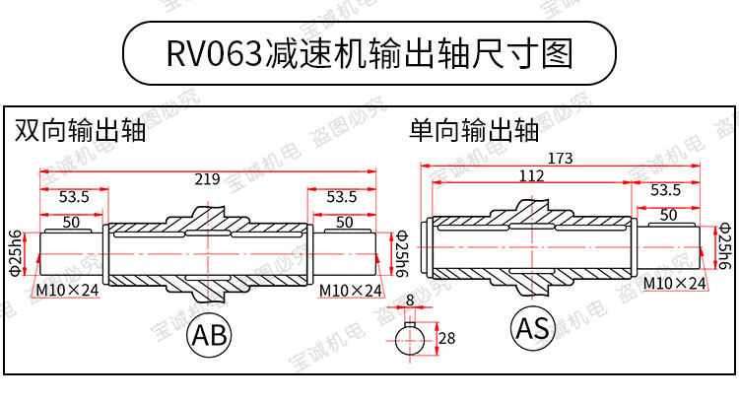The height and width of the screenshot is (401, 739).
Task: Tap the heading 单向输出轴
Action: [x=474, y=131]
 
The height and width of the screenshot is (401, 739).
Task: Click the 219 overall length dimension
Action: [x=207, y=179]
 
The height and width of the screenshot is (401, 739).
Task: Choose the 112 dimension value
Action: [x=530, y=176]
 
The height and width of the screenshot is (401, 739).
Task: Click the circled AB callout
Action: [x=208, y=335]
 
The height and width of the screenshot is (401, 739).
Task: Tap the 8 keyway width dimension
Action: [x=409, y=300]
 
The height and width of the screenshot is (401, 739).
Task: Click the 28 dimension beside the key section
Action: [x=446, y=339]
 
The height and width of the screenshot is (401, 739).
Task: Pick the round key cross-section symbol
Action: [x=411, y=341]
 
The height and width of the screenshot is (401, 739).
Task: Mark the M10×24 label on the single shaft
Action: [x=674, y=283]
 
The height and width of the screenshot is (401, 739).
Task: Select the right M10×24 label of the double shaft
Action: [x=352, y=291]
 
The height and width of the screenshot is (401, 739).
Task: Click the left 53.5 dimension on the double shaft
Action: [x=74, y=197]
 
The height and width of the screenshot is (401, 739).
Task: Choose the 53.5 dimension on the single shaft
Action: [x=665, y=190]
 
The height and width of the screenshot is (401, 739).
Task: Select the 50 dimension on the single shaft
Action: [x=667, y=215]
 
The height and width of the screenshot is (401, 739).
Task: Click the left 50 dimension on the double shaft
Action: [x=71, y=223]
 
